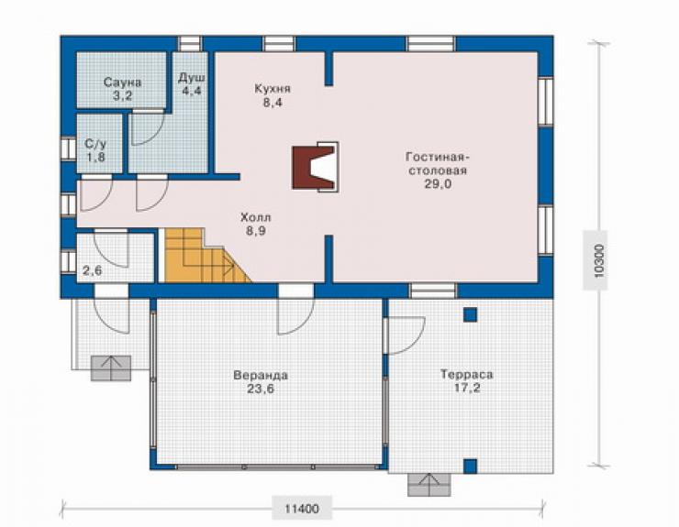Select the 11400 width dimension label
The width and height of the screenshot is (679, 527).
[x=301, y=509]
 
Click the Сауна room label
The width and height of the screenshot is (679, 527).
[x=123, y=82]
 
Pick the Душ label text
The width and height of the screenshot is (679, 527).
[x=192, y=78]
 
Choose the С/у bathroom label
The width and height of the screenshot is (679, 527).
[x=95, y=144]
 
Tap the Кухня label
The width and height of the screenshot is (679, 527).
[x=273, y=89]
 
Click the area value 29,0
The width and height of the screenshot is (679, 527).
[x=439, y=184]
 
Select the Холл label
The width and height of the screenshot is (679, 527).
[x=256, y=217]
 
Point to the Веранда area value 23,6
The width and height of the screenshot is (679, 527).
[x=261, y=389]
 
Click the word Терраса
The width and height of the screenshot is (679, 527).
[x=467, y=374]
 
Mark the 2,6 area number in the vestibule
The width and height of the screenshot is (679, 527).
[x=93, y=271]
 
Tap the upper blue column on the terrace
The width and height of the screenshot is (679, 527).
[x=471, y=314]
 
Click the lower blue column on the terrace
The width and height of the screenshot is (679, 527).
[x=471, y=466]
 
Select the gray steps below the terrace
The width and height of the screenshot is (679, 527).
[x=429, y=485]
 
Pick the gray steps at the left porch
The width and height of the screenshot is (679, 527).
[x=111, y=368]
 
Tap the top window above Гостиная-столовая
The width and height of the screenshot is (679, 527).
[x=431, y=44]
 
